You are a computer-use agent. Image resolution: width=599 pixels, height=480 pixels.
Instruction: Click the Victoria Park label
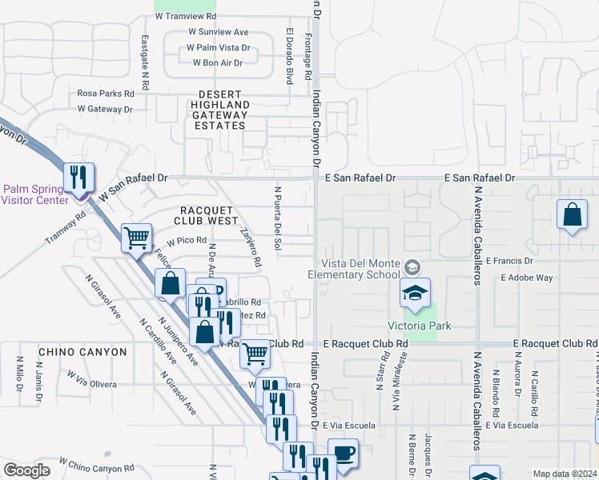click(x=420, y=326)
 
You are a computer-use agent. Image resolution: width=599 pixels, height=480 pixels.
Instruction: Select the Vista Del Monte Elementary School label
click(x=359, y=269)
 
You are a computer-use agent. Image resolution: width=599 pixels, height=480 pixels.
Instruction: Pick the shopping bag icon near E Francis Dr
click(x=573, y=215)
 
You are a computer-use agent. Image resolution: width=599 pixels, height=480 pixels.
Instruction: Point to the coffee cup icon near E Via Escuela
click(x=344, y=452)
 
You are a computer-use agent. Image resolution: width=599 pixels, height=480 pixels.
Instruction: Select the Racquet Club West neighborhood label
click(x=205, y=215)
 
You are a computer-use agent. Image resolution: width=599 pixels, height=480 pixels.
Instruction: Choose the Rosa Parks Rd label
click(x=106, y=93)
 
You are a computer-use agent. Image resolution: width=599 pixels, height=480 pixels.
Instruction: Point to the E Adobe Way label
click(x=526, y=278)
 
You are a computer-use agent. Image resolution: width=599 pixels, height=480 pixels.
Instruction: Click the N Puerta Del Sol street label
click(x=279, y=218)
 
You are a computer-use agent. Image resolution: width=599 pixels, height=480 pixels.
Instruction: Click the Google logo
click(x=26, y=470)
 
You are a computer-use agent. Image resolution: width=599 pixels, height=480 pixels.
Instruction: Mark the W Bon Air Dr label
click(x=215, y=62)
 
